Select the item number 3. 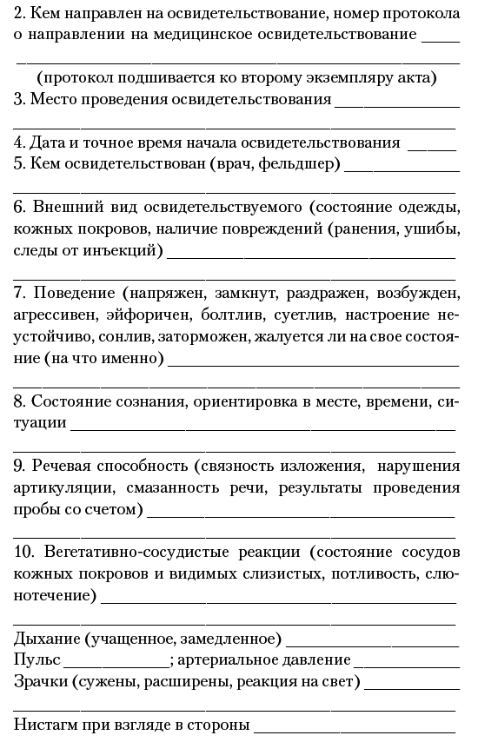[19, 99]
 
